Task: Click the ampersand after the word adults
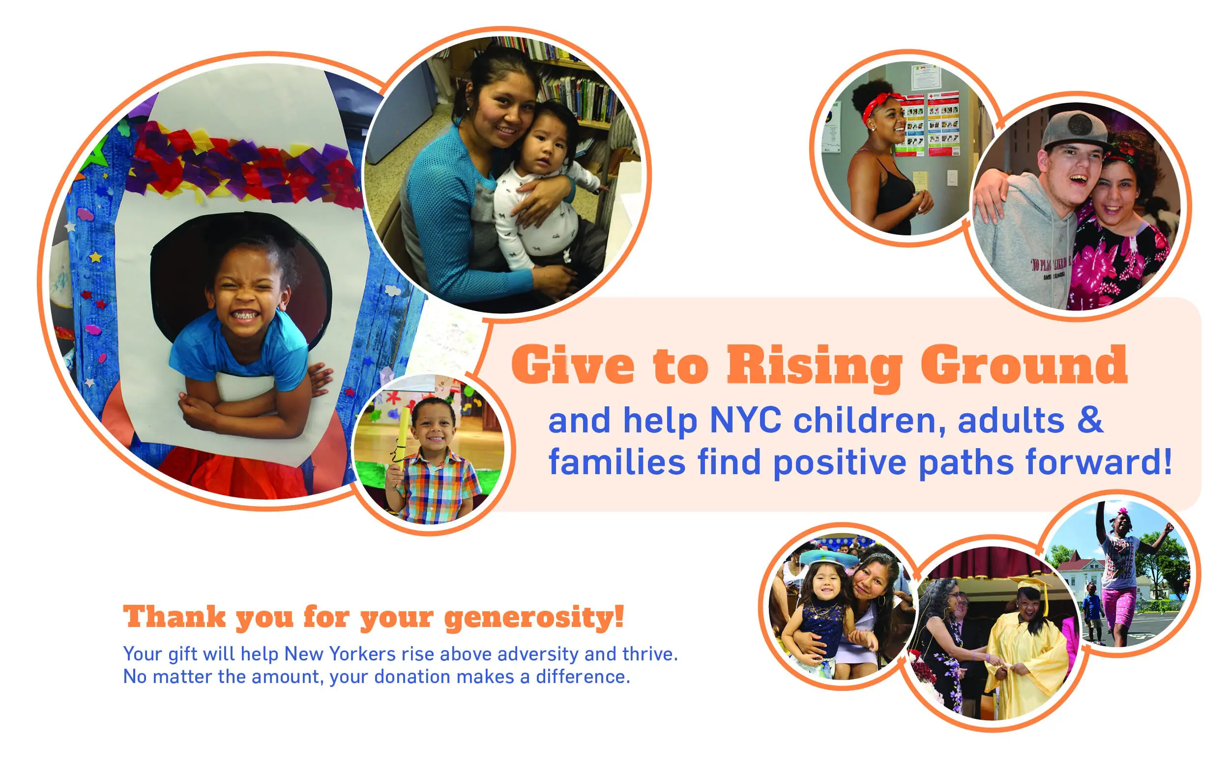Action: click(1090, 421)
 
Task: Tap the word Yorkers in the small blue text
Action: click(362, 654)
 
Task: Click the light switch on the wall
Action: click(952, 178)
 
